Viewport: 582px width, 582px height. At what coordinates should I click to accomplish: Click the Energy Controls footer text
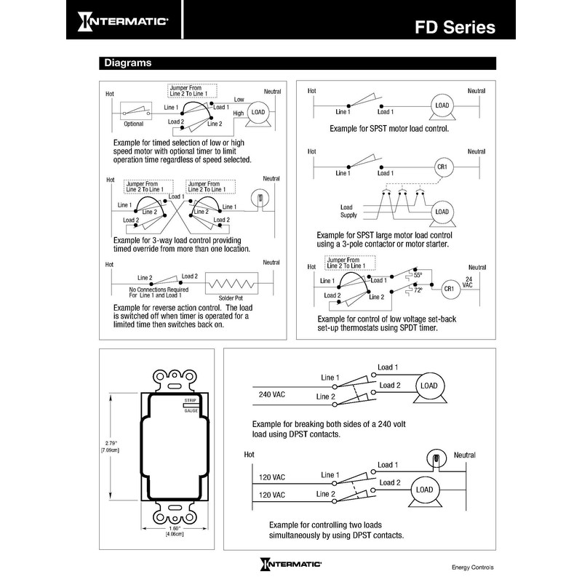(472, 567)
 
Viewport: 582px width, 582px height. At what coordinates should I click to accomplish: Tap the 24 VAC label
(469, 282)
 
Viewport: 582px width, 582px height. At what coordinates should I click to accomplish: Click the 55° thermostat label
(418, 276)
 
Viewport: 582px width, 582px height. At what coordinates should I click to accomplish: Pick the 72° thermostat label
(418, 291)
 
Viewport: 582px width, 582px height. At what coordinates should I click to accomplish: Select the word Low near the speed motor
(239, 100)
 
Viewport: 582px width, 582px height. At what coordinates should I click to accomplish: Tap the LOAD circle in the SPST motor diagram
(442, 105)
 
